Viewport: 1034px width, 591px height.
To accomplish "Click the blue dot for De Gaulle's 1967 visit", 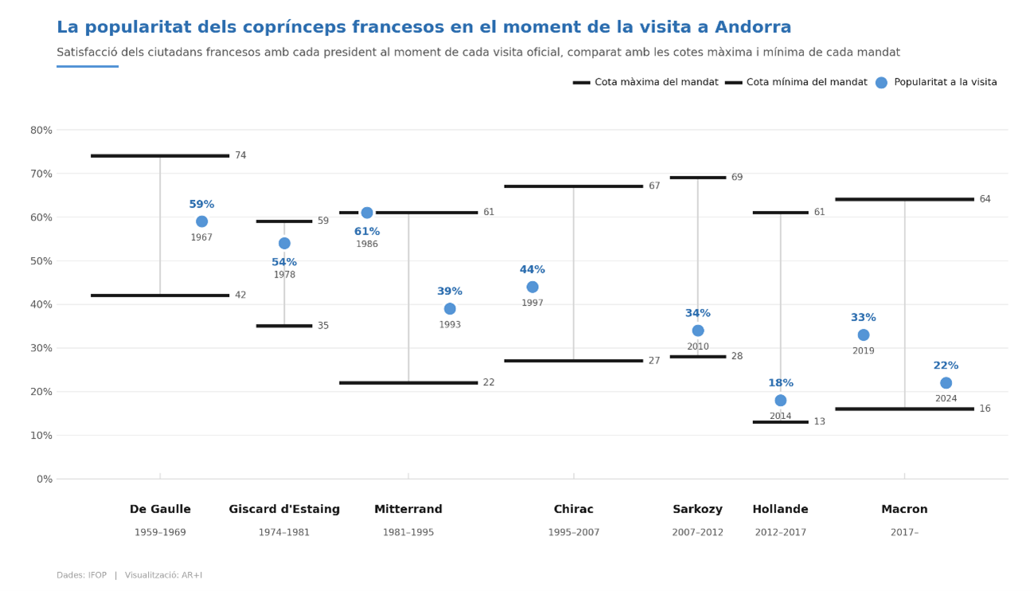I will (x=201, y=221).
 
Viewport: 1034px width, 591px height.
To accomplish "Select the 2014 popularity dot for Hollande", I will (x=780, y=401).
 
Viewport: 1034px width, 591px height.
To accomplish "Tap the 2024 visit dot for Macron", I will (x=946, y=383).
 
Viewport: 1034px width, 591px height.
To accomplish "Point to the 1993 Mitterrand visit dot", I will (x=450, y=309).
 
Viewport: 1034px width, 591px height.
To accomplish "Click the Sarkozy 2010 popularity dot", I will (x=698, y=331).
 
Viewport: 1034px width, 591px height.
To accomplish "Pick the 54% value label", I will (x=284, y=263).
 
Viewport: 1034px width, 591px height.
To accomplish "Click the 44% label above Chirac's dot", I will (x=533, y=270).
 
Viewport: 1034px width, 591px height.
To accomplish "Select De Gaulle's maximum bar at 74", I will (x=160, y=156).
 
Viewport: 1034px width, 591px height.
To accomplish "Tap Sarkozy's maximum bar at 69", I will (x=698, y=178).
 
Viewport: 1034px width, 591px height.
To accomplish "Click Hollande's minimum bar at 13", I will (x=780, y=422).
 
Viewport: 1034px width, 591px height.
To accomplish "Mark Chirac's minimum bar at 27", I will (x=573, y=361).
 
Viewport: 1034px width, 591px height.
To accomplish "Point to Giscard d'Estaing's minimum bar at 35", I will (x=284, y=326).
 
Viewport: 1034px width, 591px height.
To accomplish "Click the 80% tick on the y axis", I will (x=41, y=130).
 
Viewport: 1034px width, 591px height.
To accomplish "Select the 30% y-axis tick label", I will (x=41, y=348).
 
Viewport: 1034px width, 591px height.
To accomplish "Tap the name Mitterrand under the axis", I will (x=408, y=510).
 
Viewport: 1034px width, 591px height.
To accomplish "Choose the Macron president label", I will (x=904, y=510).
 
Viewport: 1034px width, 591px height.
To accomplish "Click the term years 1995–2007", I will (x=574, y=533).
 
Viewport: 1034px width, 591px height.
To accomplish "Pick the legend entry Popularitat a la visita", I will (x=945, y=83).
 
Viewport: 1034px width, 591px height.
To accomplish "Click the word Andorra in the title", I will (x=753, y=28).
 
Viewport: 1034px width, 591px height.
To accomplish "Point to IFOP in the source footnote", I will (x=97, y=575).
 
